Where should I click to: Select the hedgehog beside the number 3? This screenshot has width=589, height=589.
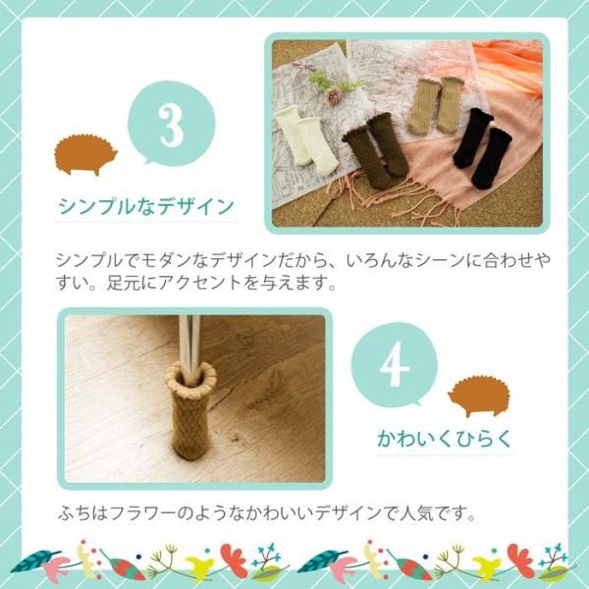tap(85, 154)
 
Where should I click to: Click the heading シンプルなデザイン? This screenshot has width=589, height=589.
tap(146, 207)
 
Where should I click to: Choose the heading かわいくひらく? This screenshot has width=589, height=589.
tap(444, 439)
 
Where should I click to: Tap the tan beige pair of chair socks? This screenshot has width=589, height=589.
tap(434, 104)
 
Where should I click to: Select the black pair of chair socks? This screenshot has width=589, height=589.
tap(481, 146)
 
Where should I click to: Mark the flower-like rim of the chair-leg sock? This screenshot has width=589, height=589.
tap(189, 374)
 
